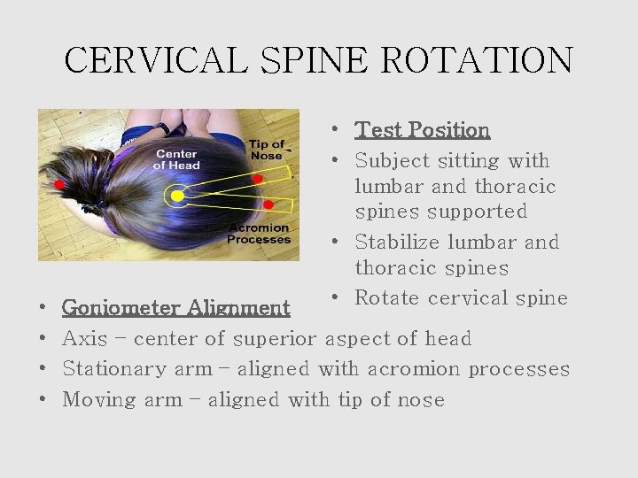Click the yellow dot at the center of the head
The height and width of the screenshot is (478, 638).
pos(177,195)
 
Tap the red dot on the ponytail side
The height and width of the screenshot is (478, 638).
pos(59,185)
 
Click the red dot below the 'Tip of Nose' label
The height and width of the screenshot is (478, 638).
pos(258,179)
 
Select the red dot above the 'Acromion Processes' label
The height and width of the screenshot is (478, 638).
pos(268,205)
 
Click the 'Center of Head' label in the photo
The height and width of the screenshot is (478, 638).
pos(176,159)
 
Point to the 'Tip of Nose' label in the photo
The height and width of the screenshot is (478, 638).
pos(266,150)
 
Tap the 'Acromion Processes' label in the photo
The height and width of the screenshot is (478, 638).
pos(259,234)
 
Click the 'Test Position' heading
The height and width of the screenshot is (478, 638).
pos(422,130)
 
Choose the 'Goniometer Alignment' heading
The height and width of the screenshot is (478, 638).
pos(175,308)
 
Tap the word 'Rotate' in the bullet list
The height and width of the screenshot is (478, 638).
pos(387,298)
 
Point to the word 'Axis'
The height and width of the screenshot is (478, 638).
pos(84,339)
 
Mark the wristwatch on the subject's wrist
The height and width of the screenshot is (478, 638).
pos(163,128)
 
